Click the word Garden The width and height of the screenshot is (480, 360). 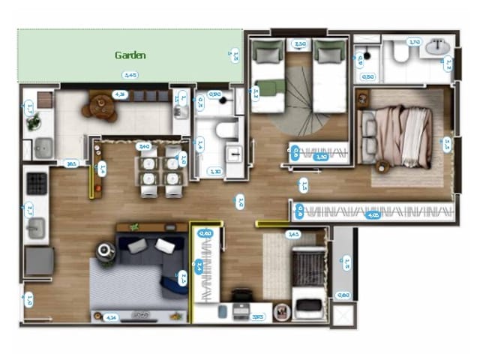tap(130, 55)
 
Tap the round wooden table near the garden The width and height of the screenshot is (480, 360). tap(100, 108)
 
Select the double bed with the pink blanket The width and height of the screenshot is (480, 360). tap(397, 136)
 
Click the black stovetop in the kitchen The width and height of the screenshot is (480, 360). tap(36, 183)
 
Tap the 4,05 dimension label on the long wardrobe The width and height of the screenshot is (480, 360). tap(373, 214)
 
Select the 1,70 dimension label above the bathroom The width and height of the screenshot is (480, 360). tap(414, 42)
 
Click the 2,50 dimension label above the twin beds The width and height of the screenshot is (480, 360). tap(300, 44)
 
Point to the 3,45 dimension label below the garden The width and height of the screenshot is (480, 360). tap(130, 75)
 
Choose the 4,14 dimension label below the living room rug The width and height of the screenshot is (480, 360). tap(111, 316)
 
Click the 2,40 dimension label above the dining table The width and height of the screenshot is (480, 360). tap(145, 147)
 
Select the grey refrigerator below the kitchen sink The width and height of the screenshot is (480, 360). tap(39, 261)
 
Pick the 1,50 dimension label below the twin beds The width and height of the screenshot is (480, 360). tap(321, 157)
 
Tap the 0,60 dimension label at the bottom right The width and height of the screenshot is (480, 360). tap(343, 295)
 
